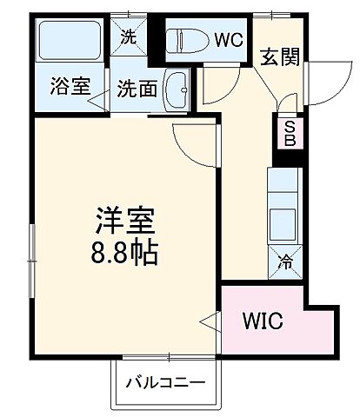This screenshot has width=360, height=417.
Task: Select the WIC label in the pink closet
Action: tap(263, 322)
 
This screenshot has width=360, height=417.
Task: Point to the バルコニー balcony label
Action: tap(164, 381)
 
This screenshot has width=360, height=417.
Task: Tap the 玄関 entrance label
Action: tap(279, 57)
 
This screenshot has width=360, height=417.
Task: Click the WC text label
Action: tap(229, 39)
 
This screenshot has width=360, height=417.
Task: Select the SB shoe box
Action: tap(289, 133)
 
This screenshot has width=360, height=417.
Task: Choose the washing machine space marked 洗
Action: tap(129, 38)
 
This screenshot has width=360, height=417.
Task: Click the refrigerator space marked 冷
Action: tap(285, 260)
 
